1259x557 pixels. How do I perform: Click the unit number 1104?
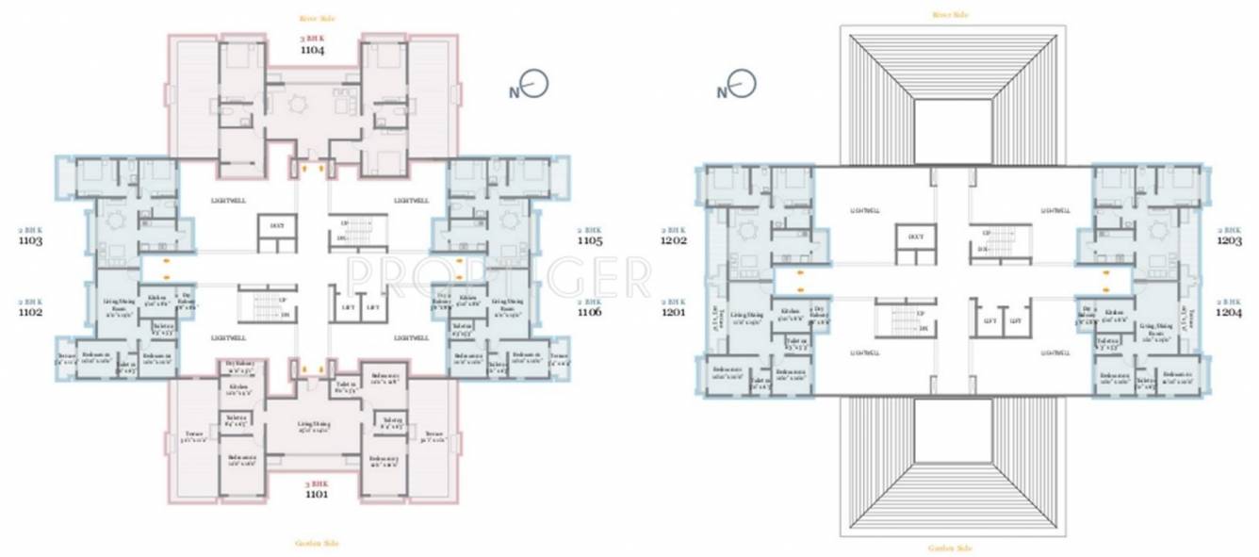pos(312,50)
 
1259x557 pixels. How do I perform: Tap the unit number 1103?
pos(29,240)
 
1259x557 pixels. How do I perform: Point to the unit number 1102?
pos(29,312)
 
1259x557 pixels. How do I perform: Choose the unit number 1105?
pos(589,240)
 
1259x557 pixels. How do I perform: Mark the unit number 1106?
pos(589,312)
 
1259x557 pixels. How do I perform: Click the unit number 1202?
pos(674,240)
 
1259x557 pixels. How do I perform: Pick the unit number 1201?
pos(674,312)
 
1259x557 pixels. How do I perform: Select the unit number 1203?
pos(1230,240)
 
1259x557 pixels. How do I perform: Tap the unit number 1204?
pos(1230,312)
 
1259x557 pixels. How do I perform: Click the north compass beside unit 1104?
pos(531,86)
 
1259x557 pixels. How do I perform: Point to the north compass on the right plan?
pos(738,86)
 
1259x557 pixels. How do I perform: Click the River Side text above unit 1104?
pos(317,18)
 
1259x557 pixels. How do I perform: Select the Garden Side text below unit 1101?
pos(317,543)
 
